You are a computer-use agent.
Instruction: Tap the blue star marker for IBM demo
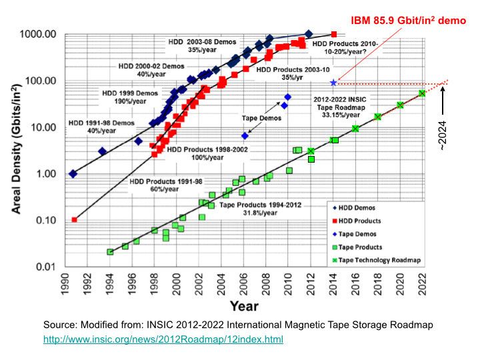click(x=333, y=83)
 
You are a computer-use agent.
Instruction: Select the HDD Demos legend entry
click(x=361, y=207)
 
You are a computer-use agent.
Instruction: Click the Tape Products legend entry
click(x=364, y=247)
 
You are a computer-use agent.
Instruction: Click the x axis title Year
click(x=244, y=307)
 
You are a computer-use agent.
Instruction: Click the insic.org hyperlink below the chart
click(x=163, y=339)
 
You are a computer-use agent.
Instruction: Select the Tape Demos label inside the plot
click(x=261, y=118)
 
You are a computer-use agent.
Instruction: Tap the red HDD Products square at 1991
click(x=74, y=219)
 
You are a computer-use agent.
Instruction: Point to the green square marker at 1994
click(x=110, y=252)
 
